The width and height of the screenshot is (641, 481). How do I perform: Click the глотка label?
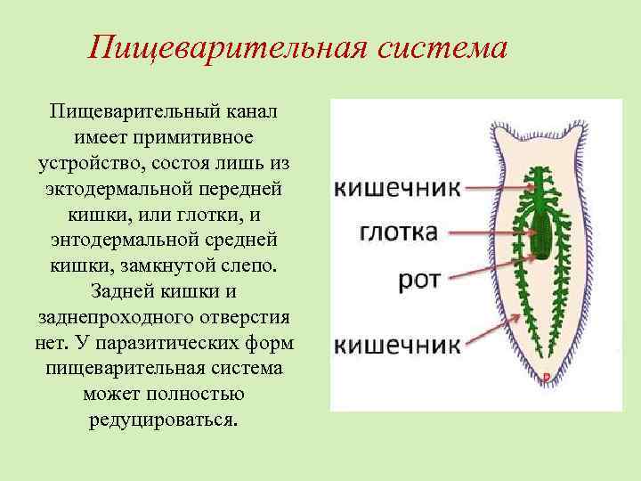[399, 232]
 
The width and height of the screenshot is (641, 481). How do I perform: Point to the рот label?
[418, 281]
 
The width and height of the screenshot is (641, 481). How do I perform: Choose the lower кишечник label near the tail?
[397, 342]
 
